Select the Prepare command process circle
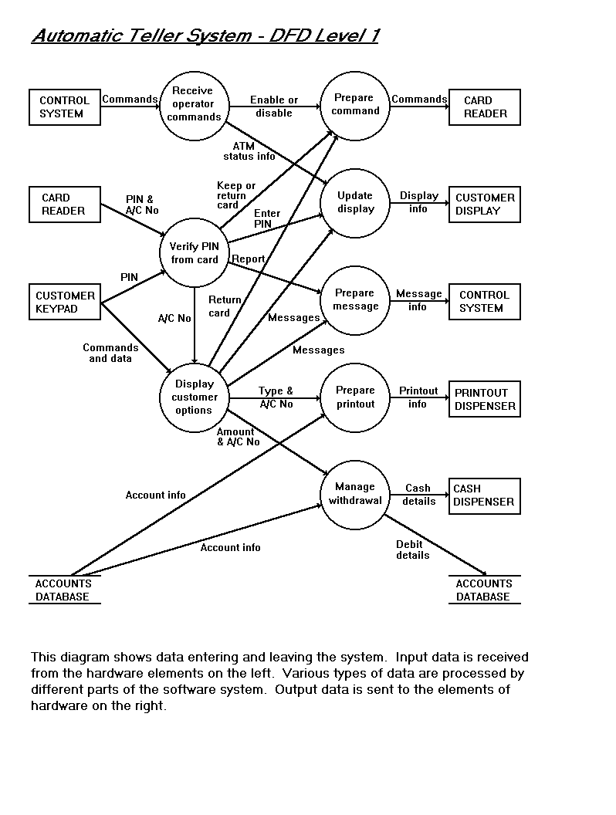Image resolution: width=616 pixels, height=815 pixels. [356, 105]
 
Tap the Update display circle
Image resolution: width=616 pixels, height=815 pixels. [356, 202]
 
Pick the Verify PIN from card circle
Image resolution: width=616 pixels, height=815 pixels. [195, 253]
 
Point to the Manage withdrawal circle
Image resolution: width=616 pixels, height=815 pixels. [355, 494]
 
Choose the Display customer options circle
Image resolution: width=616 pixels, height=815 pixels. [194, 397]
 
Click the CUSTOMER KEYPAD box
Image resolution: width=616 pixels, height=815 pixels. [65, 302]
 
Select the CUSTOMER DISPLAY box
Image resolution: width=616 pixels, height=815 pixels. [485, 205]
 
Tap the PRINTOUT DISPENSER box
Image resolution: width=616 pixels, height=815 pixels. [485, 399]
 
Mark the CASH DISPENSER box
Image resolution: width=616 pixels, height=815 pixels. [484, 495]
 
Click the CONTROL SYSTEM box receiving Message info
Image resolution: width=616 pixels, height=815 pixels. [484, 301]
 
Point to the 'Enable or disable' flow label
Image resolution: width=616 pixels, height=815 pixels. [274, 107]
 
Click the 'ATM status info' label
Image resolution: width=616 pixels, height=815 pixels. [249, 150]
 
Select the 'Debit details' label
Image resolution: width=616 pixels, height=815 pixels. [412, 550]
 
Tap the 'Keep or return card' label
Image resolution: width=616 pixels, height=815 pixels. [235, 195]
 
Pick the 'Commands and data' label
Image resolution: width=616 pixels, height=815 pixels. [110, 353]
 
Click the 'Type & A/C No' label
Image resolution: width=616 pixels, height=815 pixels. [276, 397]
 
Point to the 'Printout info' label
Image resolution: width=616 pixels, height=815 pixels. [418, 397]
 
